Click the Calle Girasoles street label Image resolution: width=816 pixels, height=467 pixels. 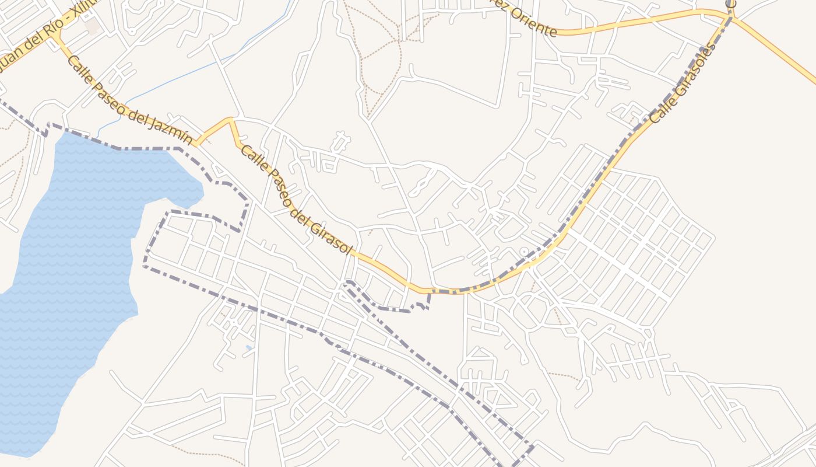point(682,85)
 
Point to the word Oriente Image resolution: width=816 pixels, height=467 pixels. point(533,22)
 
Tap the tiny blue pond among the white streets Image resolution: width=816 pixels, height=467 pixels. point(249,348)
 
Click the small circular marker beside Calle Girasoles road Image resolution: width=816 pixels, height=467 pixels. point(523,252)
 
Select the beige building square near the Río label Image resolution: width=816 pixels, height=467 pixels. point(92,26)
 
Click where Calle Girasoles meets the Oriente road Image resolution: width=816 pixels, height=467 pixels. point(731,18)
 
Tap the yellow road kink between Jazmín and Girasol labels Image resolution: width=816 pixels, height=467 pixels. point(230,120)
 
